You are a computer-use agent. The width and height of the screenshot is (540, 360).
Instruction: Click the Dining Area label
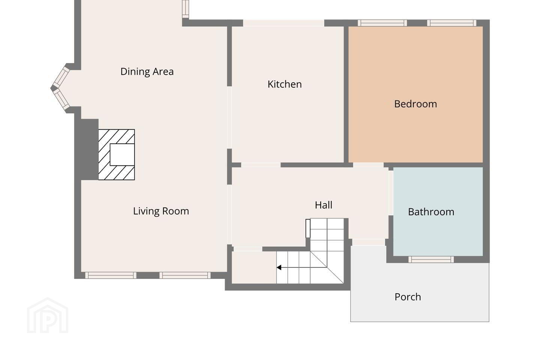click(x=147, y=72)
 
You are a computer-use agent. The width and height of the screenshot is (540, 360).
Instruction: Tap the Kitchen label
click(x=285, y=84)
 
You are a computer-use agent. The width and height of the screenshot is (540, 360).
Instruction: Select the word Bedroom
click(x=415, y=104)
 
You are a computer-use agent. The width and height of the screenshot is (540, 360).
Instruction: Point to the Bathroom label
click(x=431, y=212)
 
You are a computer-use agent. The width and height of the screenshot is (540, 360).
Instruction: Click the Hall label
click(x=324, y=205)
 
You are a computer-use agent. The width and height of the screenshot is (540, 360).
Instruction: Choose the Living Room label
click(x=161, y=211)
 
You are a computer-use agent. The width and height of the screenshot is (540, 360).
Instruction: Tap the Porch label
click(x=408, y=297)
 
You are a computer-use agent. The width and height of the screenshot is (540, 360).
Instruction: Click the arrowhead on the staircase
click(x=279, y=267)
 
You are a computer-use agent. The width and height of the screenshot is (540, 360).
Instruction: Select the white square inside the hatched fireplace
click(x=122, y=154)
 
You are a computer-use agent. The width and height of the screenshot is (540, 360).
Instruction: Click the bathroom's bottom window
click(x=431, y=259)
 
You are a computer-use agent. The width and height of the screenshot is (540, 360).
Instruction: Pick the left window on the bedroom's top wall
click(x=382, y=23)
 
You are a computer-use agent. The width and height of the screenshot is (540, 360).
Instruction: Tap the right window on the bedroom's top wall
click(x=451, y=23)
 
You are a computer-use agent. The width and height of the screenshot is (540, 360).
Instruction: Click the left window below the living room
click(x=111, y=275)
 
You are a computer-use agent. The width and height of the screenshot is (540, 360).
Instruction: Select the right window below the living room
click(x=185, y=275)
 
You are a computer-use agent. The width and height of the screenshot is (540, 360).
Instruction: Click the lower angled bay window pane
click(x=61, y=99)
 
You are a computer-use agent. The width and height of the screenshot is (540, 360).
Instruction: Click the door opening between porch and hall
click(x=369, y=242)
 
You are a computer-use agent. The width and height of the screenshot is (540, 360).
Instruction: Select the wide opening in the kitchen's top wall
click(x=283, y=23)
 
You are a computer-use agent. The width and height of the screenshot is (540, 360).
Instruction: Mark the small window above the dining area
click(x=185, y=9)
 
